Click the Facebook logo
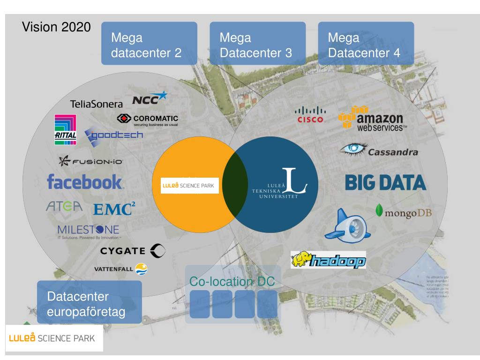[85, 182]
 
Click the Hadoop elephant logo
[328, 259]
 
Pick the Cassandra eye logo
[379, 151]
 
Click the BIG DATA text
[385, 183]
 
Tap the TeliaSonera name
[96, 104]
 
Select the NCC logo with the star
[150, 99]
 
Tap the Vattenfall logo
[120, 269]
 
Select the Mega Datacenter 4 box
[366, 44]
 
